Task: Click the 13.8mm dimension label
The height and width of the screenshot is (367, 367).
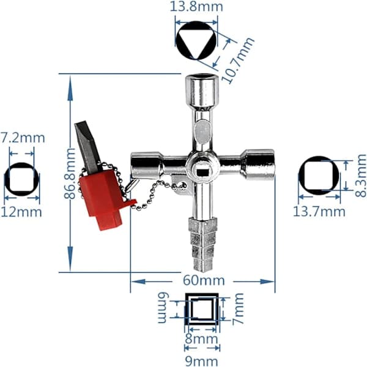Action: point(196,7)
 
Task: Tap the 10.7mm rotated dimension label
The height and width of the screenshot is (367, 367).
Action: point(238,60)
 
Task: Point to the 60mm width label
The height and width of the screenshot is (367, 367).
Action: point(204,280)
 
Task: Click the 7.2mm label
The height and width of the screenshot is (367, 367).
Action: point(23,138)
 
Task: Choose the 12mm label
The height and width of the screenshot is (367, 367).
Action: point(21,212)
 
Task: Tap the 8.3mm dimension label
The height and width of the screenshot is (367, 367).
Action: point(361,176)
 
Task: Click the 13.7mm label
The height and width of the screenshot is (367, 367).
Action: point(319,212)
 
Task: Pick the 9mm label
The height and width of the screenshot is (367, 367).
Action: point(201,361)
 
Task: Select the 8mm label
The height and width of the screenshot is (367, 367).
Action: point(201,339)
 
